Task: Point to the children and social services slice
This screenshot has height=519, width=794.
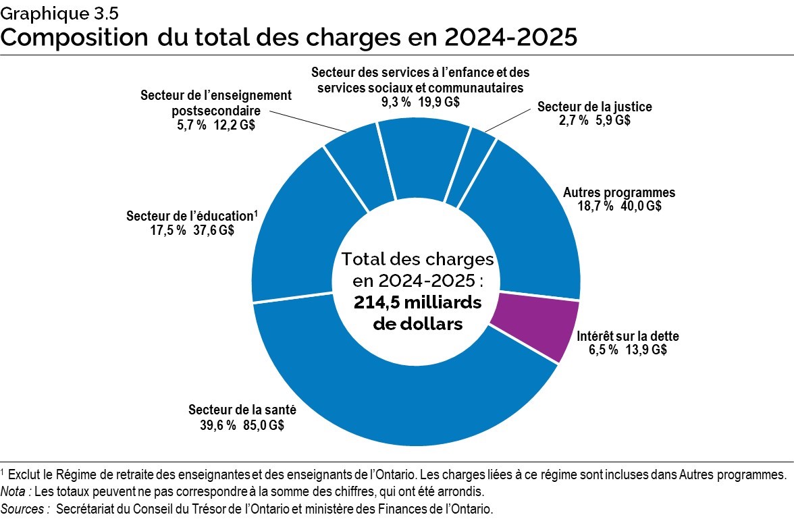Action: pos(422,155)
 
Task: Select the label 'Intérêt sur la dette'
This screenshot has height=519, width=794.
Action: pos(628,336)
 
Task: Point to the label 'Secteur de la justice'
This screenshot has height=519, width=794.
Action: pos(594,107)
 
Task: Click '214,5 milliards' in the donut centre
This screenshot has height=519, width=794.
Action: pos(417,303)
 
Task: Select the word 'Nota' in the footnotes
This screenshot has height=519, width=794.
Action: pos(15,491)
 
